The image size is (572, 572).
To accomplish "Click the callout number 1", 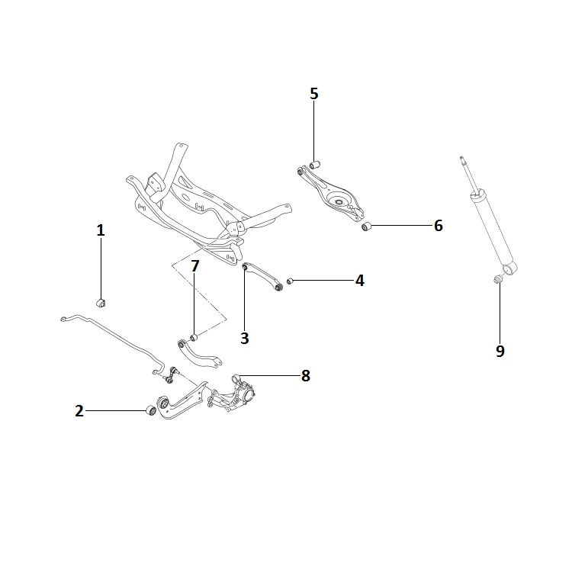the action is pyautogui.click(x=101, y=230).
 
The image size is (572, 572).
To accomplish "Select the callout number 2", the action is pyautogui.click(x=79, y=411).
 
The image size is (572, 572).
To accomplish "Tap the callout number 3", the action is pyautogui.click(x=245, y=338).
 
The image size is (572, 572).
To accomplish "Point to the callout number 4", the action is pyautogui.click(x=360, y=281).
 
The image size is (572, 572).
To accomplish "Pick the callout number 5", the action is pyautogui.click(x=314, y=94).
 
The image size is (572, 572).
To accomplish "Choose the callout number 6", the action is pyautogui.click(x=438, y=226).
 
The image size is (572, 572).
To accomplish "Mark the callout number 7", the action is pyautogui.click(x=195, y=266).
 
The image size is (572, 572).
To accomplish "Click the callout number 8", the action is pyautogui.click(x=306, y=376).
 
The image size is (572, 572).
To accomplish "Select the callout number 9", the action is pyautogui.click(x=500, y=351).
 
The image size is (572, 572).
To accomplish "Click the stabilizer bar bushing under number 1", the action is pyautogui.click(x=101, y=303).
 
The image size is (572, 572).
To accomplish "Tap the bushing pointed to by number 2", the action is pyautogui.click(x=151, y=410).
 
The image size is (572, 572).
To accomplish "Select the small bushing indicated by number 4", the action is pyautogui.click(x=290, y=281).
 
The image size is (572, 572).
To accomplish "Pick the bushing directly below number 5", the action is pyautogui.click(x=314, y=164).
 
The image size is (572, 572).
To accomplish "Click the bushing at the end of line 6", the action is pyautogui.click(x=366, y=227).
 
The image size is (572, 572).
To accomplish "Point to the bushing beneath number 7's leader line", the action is pyautogui.click(x=194, y=337).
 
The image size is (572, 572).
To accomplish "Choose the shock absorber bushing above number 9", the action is pyautogui.click(x=498, y=279).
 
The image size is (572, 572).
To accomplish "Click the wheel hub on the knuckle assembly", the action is pyautogui.click(x=249, y=395).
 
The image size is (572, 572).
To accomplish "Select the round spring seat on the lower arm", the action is pyautogui.click(x=338, y=201).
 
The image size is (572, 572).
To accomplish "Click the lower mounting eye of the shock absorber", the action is pyautogui.click(x=509, y=268).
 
